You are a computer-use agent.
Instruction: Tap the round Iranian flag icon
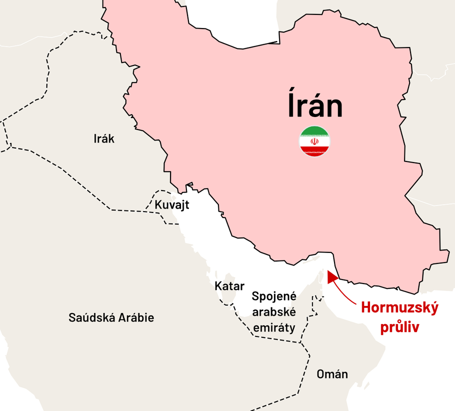coord(314,141)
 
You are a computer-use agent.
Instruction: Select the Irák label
coord(104,138)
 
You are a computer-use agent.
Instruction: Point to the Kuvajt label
coord(172,204)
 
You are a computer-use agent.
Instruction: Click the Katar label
coord(229,286)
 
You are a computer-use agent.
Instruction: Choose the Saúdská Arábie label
coord(111,317)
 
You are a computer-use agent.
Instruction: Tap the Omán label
coord(332,374)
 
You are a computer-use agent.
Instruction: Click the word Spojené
coord(274,296)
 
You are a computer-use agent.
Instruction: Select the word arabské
coord(274,312)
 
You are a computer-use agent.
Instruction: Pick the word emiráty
coord(274,327)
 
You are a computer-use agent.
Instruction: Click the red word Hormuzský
coord(399,308)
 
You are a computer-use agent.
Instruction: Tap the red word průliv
coord(399,328)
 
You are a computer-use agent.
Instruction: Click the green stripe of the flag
coord(314,132)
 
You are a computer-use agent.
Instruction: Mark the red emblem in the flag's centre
coord(314,141)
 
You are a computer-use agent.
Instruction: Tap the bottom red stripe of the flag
coord(314,150)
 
